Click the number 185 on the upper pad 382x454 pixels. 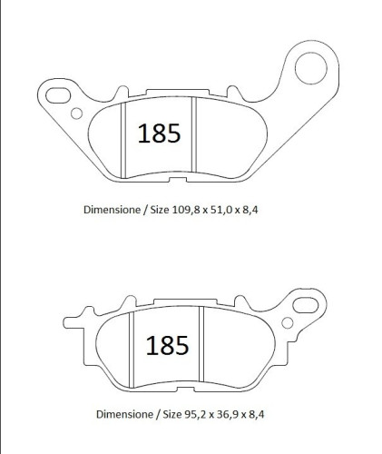pos(159,133)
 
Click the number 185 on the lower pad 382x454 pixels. pos(167,345)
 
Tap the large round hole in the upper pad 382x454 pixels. pos(311,68)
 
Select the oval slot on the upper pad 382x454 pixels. pos(58,95)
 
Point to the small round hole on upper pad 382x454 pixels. pos(76,113)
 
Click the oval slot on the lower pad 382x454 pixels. pos(306,305)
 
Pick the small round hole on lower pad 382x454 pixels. pos(288,323)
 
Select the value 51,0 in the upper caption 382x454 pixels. pos(220,210)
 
